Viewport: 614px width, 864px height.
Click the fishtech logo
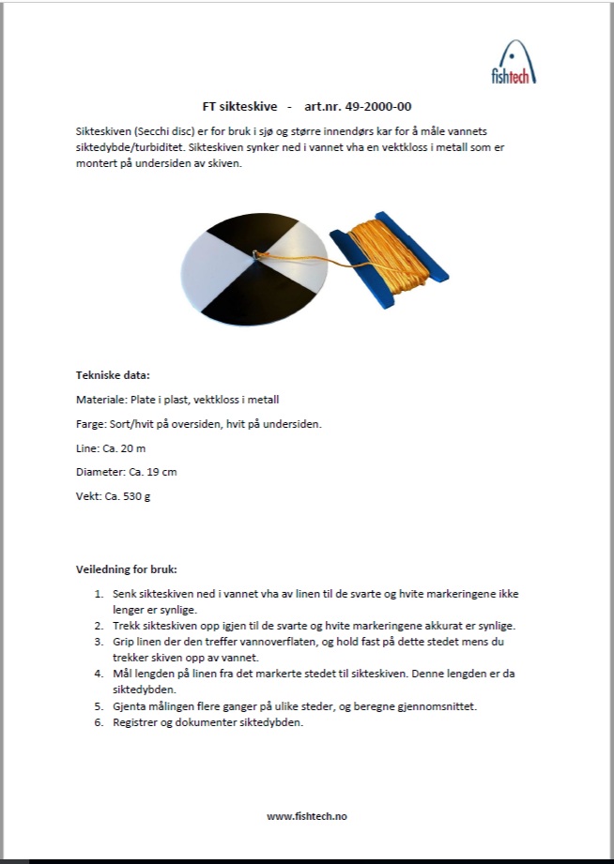[x=513, y=62]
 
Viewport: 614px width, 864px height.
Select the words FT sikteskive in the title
[x=239, y=107]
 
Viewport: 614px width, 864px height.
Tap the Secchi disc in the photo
[x=255, y=269]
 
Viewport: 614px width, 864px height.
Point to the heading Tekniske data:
[x=112, y=375]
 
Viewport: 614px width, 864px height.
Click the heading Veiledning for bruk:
[x=126, y=568]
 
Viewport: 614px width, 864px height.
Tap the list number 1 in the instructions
[x=99, y=594]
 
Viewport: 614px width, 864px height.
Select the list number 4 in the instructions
[x=99, y=673]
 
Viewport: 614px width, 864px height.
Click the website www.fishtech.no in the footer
[x=307, y=816]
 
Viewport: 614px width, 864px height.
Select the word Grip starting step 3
[x=124, y=642]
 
